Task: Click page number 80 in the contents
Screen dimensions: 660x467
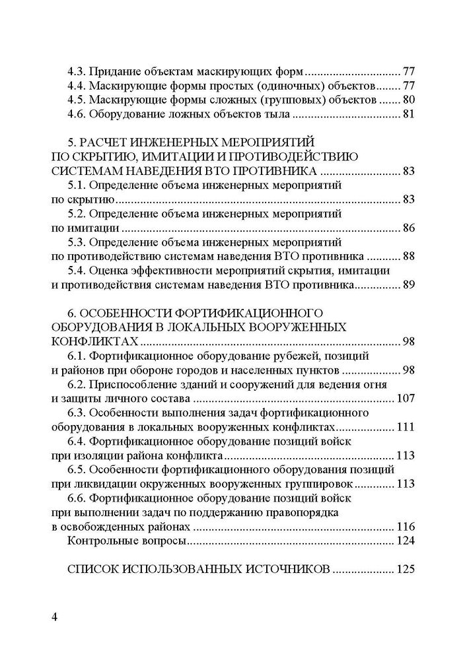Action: pos(407,100)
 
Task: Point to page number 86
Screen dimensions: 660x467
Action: pos(407,228)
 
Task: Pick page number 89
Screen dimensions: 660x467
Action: pos(407,286)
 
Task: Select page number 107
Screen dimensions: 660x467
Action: pos(404,399)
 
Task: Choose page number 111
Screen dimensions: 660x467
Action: pos(404,427)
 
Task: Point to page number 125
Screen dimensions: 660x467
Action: pos(404,570)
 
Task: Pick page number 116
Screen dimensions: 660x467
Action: pos(404,527)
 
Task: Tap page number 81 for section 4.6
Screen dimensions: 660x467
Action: pos(407,114)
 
